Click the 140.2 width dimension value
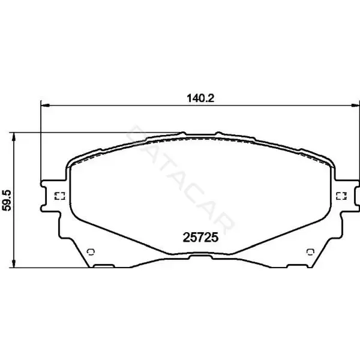[200, 98]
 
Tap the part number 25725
[200, 238]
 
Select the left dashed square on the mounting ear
[59, 196]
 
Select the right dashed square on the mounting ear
[341, 196]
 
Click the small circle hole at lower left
[91, 252]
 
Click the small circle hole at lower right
[310, 252]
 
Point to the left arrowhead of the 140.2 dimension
[45, 106]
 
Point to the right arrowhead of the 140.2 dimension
[356, 106]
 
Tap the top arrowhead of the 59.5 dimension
[14, 137]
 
